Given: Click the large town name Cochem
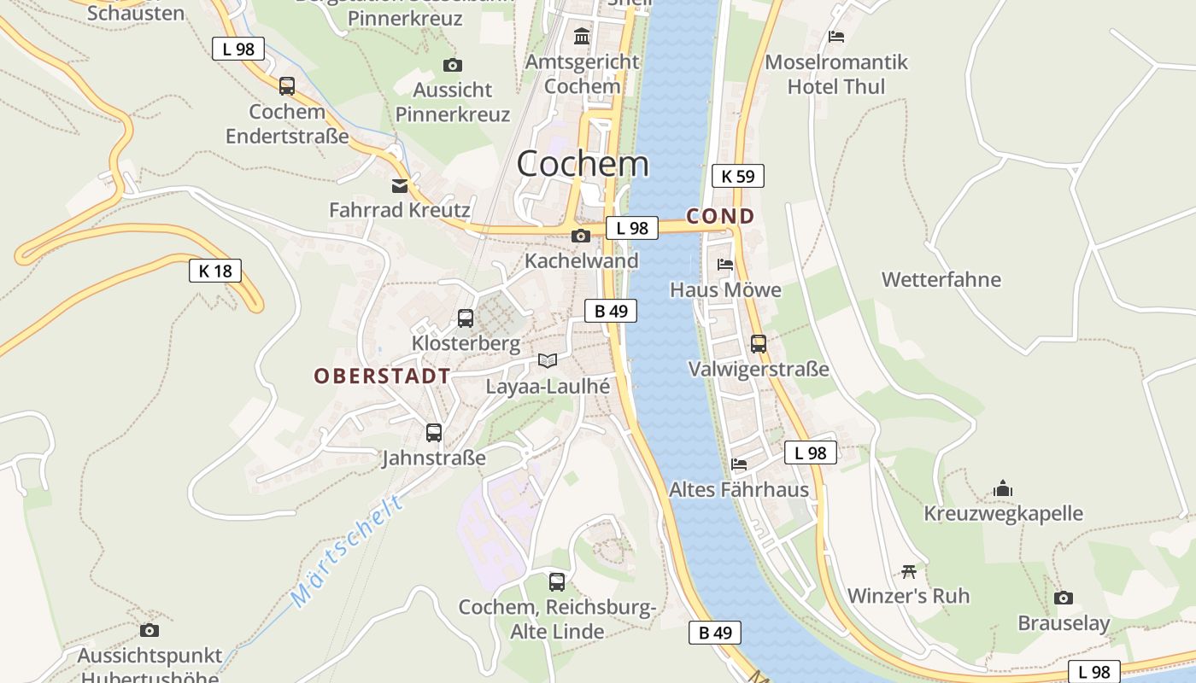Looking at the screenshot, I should point(583,163).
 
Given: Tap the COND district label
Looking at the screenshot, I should point(721,216).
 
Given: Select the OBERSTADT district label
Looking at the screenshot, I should point(382,376).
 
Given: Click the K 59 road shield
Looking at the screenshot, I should point(738,176).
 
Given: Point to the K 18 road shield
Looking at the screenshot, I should point(215,271).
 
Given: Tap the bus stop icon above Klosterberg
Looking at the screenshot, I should point(466,318).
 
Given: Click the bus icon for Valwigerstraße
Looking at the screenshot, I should point(759,344).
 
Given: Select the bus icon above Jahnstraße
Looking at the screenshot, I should point(434,433).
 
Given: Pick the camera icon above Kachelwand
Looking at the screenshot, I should point(581,236).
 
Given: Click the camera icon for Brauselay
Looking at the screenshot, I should point(1064,598).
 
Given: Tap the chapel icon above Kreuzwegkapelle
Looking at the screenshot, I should point(1003,488).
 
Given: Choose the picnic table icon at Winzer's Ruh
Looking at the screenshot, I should point(909,571).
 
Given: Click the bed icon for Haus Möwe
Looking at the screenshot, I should point(725,265).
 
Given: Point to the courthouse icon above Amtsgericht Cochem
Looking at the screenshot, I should point(583,37).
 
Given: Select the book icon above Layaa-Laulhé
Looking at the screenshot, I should point(548,361).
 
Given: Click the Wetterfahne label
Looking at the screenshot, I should point(941,279).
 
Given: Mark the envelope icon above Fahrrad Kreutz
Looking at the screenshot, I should point(400,186).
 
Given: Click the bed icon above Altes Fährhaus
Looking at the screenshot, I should point(739,464).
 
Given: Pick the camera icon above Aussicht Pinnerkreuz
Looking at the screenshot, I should point(453,65).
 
